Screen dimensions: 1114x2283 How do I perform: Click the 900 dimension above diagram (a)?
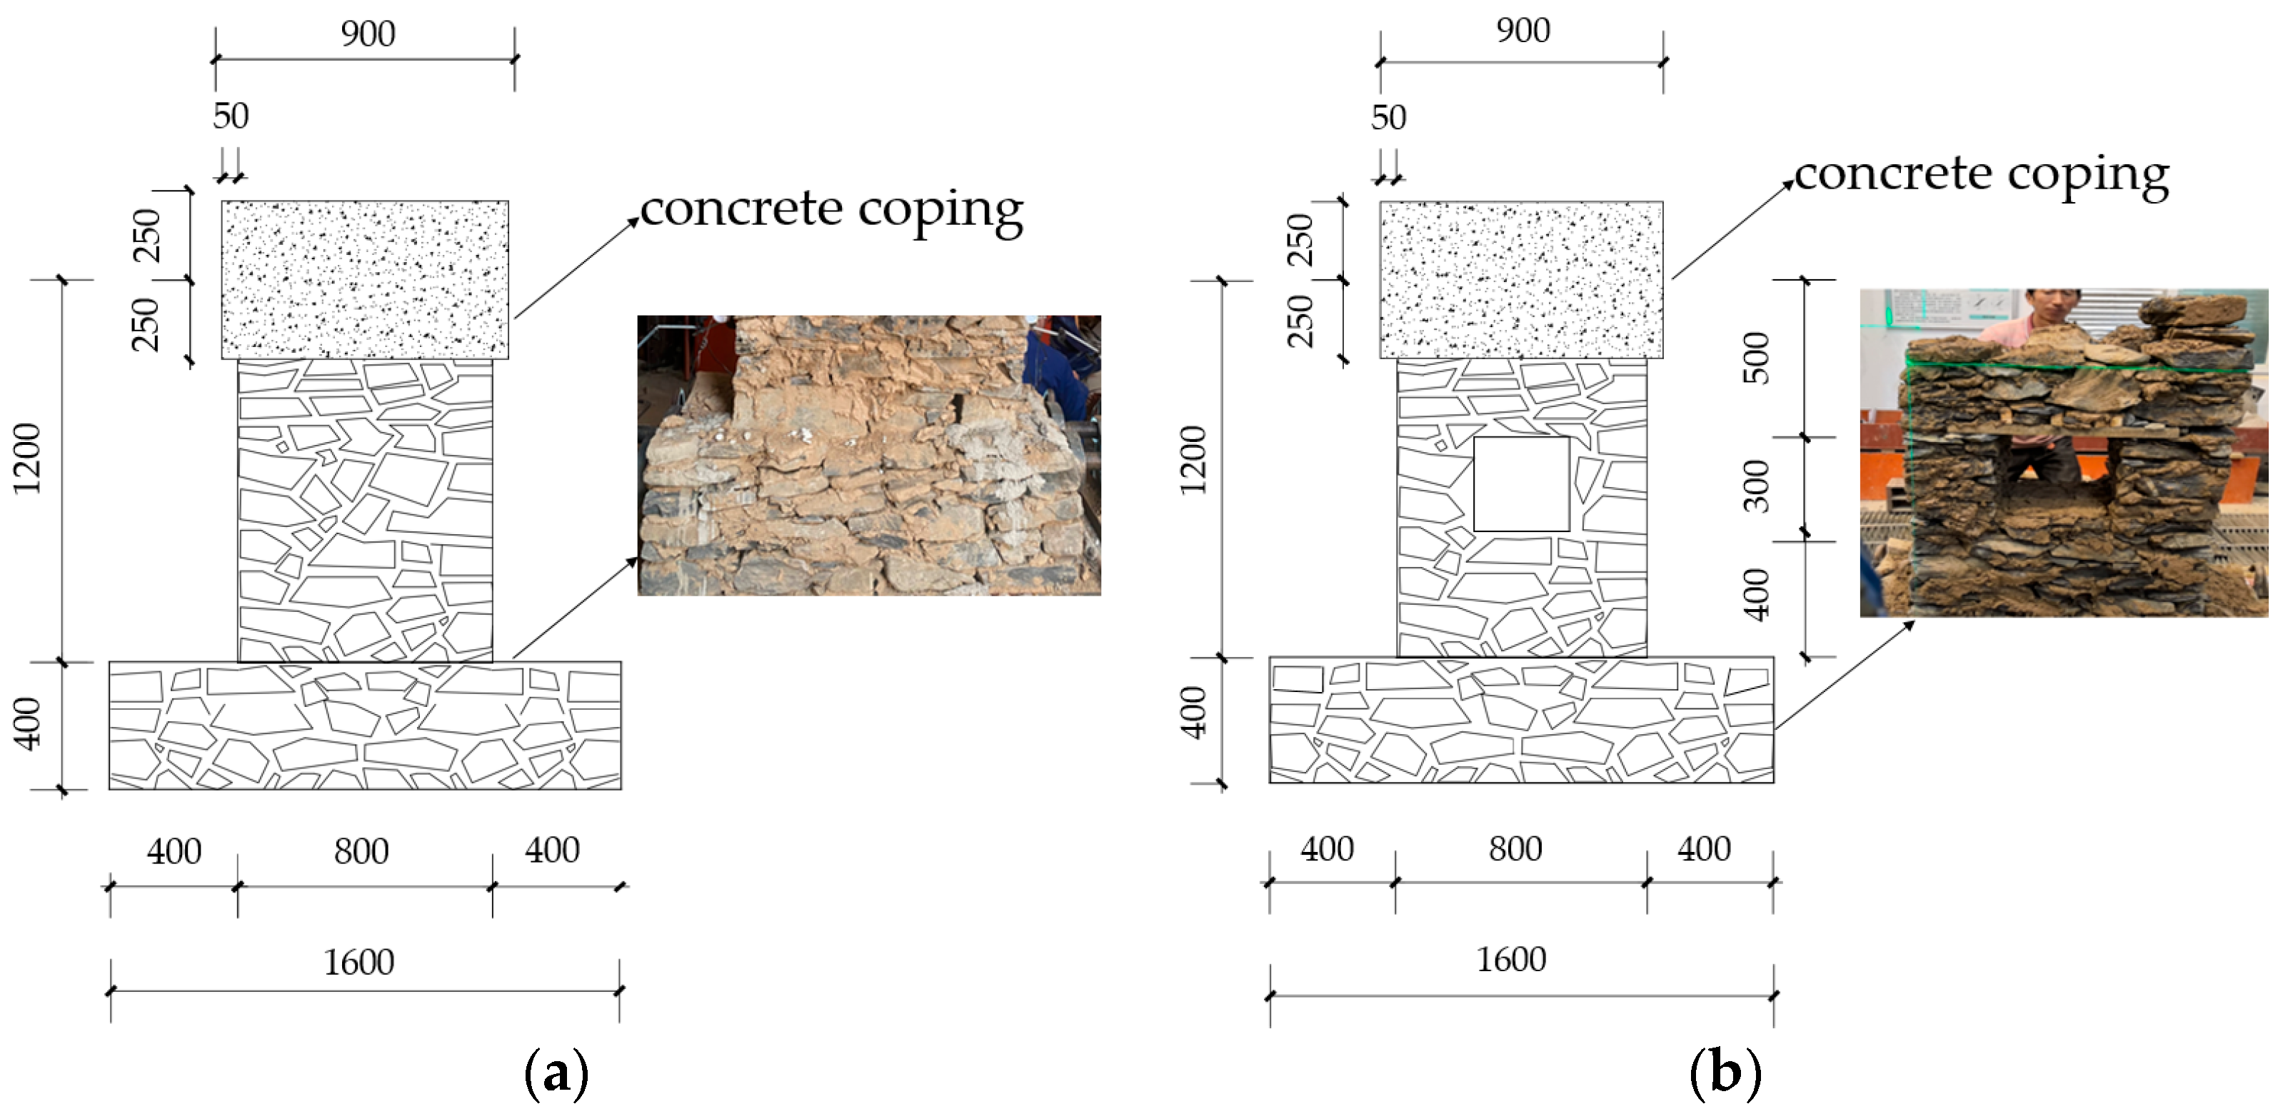tap(368, 34)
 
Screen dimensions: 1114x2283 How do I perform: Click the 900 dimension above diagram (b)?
tap(1523, 31)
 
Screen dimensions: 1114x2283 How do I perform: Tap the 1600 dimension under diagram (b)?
tap(1511, 960)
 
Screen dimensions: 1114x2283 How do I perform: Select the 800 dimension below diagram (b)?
tap(1515, 849)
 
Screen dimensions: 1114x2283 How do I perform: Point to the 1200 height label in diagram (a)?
tap(29, 458)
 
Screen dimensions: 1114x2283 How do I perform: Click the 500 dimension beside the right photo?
tap(1757, 357)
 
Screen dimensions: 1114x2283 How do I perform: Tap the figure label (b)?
tap(1725, 1073)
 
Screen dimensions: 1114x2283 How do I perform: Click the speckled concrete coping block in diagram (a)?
tap(365, 279)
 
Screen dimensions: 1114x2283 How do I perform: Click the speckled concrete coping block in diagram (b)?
tap(1521, 279)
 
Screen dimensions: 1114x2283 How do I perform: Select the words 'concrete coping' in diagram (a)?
tap(831, 210)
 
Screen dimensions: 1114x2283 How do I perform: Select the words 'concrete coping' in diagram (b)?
tap(1982, 174)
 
